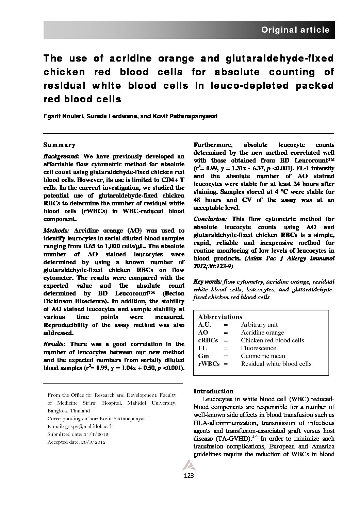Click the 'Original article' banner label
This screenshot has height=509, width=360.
pos(295,30)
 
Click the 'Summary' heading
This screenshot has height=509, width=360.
pos(59,145)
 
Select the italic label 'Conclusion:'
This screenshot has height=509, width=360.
pos(210,219)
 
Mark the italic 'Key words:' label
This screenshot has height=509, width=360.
pos(208,282)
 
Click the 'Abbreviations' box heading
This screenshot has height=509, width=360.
pos(220,317)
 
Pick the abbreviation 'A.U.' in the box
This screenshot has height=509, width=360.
pos(205,325)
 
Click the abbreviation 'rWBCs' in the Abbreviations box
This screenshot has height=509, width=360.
pos(209,364)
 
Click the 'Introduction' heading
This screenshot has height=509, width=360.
pos(213,391)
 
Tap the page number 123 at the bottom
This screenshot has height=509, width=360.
pos(189,476)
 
